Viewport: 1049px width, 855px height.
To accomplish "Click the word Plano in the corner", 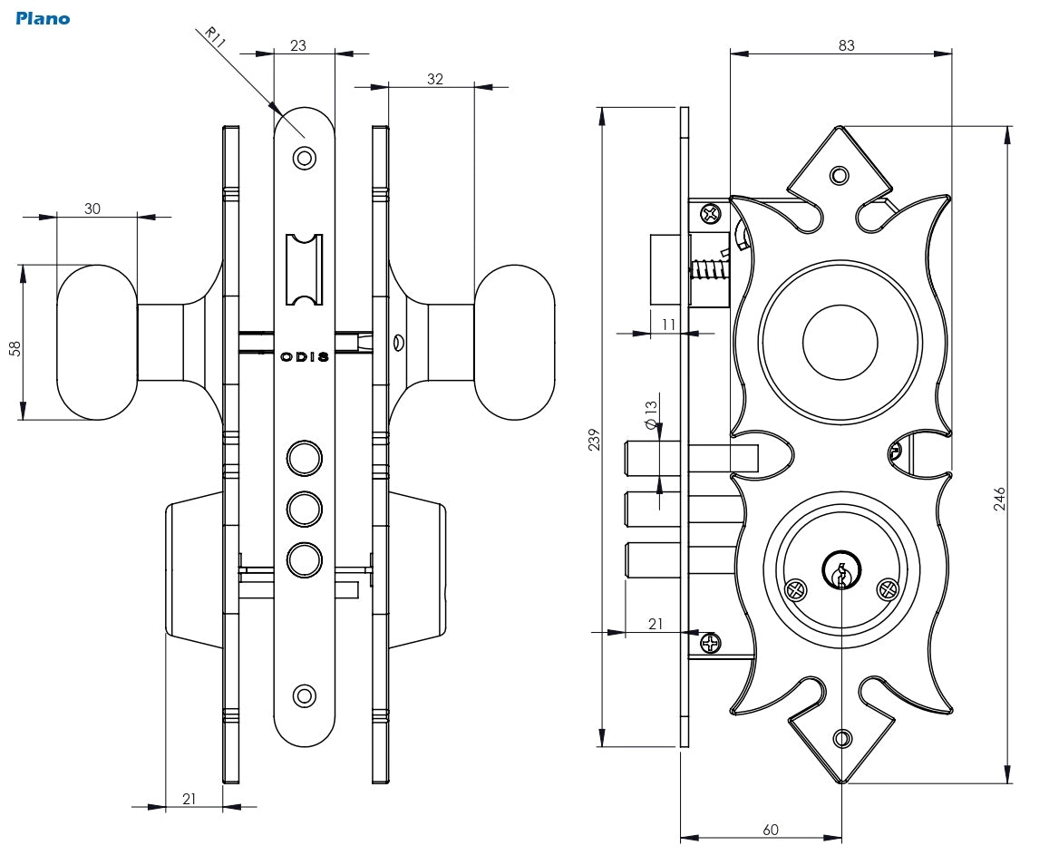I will coord(43,18).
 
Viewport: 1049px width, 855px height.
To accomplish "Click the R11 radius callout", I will coord(213,37).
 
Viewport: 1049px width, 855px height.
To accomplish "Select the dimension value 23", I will coord(297,45).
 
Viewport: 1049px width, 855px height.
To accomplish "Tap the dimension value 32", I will coord(434,79).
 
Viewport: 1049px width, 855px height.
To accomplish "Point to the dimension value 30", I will coord(92,209).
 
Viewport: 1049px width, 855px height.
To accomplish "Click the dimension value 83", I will coord(846,45).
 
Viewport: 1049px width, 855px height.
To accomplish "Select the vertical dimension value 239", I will coord(594,441).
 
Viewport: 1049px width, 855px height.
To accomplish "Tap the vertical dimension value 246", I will coord(1000,500).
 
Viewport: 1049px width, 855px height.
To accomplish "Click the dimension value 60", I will coord(770,829).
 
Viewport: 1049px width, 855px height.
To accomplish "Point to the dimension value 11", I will coord(669,325).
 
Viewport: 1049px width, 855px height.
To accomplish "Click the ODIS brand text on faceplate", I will coord(304,357).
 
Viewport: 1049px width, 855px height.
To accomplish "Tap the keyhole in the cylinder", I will coord(841,573).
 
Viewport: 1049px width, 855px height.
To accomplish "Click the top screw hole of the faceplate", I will coord(305,159).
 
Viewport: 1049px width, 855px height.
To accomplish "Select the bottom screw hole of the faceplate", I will coord(305,696).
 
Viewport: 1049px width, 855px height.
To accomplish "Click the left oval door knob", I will coord(97,343).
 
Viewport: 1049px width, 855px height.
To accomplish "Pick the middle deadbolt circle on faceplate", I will coord(305,508).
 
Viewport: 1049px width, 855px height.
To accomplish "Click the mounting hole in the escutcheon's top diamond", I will coord(840,175).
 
